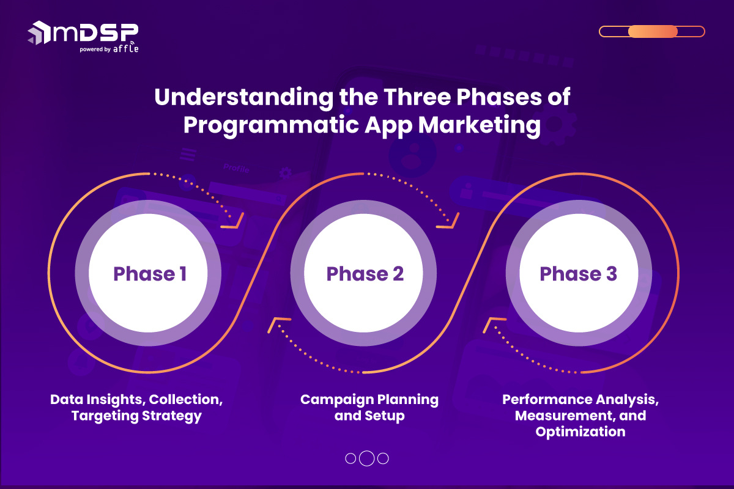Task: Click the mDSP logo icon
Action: coord(39,32)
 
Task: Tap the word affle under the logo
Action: coord(125,50)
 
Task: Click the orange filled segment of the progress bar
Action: coord(653,32)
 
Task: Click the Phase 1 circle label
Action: coord(150,274)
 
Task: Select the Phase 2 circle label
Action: coord(365,274)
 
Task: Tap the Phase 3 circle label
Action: coord(578,274)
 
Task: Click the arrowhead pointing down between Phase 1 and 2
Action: coord(235,221)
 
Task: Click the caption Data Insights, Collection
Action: coord(136,400)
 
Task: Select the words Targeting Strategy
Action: coord(136,416)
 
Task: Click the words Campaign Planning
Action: coord(369,400)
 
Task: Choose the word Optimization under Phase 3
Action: coord(580,432)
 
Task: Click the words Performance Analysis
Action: coord(580,400)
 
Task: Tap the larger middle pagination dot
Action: coord(366,458)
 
